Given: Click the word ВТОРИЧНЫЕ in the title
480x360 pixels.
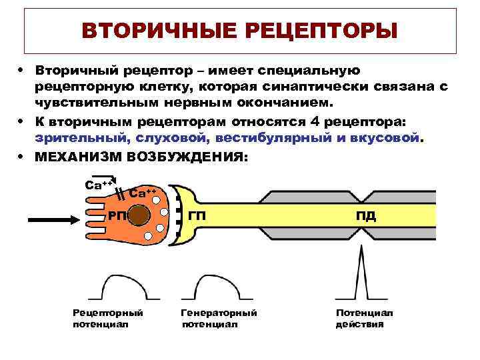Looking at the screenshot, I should pyautogui.click(x=155, y=31).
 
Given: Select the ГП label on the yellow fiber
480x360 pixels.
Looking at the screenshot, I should pyautogui.click(x=197, y=215).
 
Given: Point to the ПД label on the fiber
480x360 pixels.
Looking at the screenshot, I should pyautogui.click(x=365, y=215).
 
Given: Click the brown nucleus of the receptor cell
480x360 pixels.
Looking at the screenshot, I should pyautogui.click(x=139, y=216).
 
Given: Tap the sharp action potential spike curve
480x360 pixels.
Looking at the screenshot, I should pyautogui.click(x=362, y=273).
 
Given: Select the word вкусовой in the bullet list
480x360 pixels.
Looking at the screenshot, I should pyautogui.click(x=389, y=137).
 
